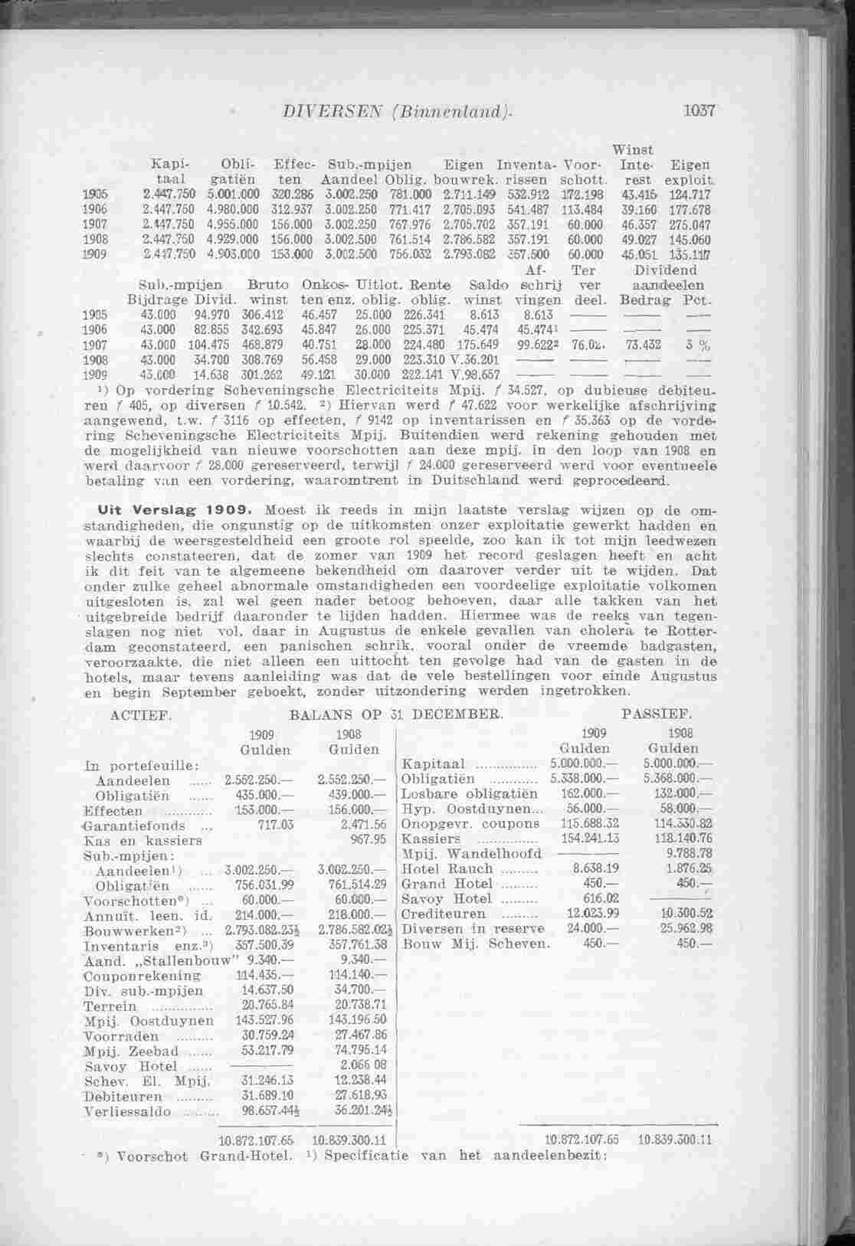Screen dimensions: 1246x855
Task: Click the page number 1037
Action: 698,110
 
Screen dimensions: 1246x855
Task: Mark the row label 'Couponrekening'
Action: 143,976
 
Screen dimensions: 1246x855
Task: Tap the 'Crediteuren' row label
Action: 444,914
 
